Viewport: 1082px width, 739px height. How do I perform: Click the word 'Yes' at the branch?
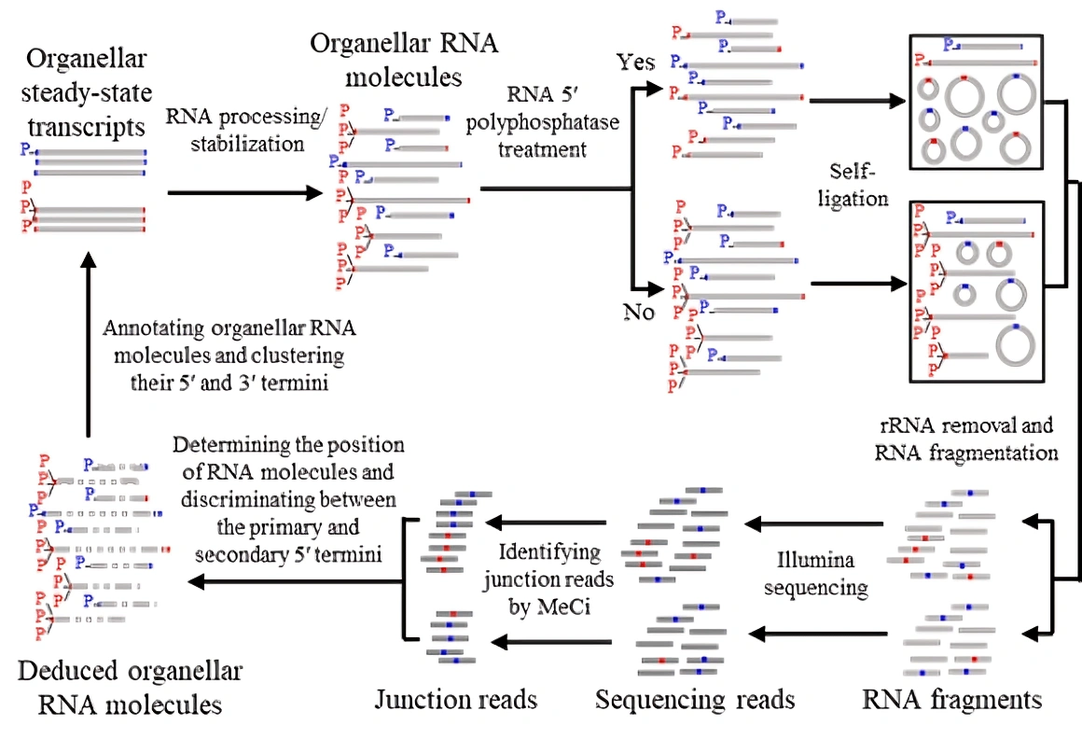(x=636, y=63)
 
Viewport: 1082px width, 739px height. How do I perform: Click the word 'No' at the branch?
(x=639, y=312)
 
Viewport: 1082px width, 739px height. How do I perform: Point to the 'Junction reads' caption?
(x=456, y=699)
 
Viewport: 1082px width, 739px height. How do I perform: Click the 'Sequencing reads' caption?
(x=695, y=699)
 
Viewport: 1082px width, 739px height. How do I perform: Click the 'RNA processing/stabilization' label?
(x=235, y=130)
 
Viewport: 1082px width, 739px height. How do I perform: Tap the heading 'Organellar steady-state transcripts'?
(x=85, y=93)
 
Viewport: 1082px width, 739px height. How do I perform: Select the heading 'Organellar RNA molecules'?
(x=405, y=59)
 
